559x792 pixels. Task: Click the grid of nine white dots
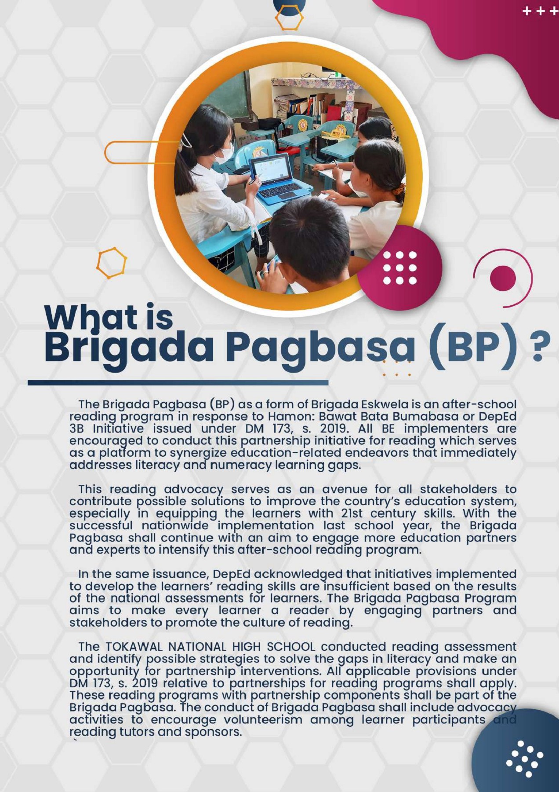pos(400,268)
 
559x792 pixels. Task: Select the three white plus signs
pos(540,11)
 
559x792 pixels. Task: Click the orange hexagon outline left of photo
pos(112,263)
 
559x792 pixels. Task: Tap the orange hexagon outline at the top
pos(289,18)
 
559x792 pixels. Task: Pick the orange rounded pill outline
pos(132,152)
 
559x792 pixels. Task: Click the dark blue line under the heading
pos(178,383)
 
